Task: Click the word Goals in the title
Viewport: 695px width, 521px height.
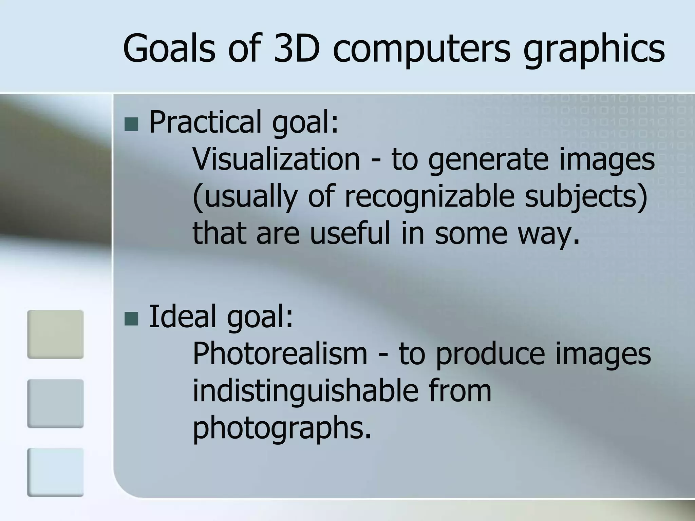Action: click(x=169, y=49)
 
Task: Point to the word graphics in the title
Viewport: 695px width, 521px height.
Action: click(x=594, y=51)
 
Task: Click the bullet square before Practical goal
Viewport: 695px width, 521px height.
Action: click(x=131, y=124)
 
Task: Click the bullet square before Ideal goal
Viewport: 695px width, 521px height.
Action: click(x=131, y=319)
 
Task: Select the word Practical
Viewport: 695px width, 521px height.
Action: click(x=205, y=122)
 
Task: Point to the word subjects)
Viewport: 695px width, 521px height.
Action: click(x=586, y=198)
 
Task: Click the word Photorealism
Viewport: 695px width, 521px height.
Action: click(x=280, y=353)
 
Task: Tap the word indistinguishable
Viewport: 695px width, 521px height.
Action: click(x=305, y=391)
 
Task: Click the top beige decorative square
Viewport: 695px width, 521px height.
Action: click(x=55, y=334)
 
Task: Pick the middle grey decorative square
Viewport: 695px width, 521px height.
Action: click(x=55, y=404)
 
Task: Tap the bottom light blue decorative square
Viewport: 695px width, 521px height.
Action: click(x=55, y=472)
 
